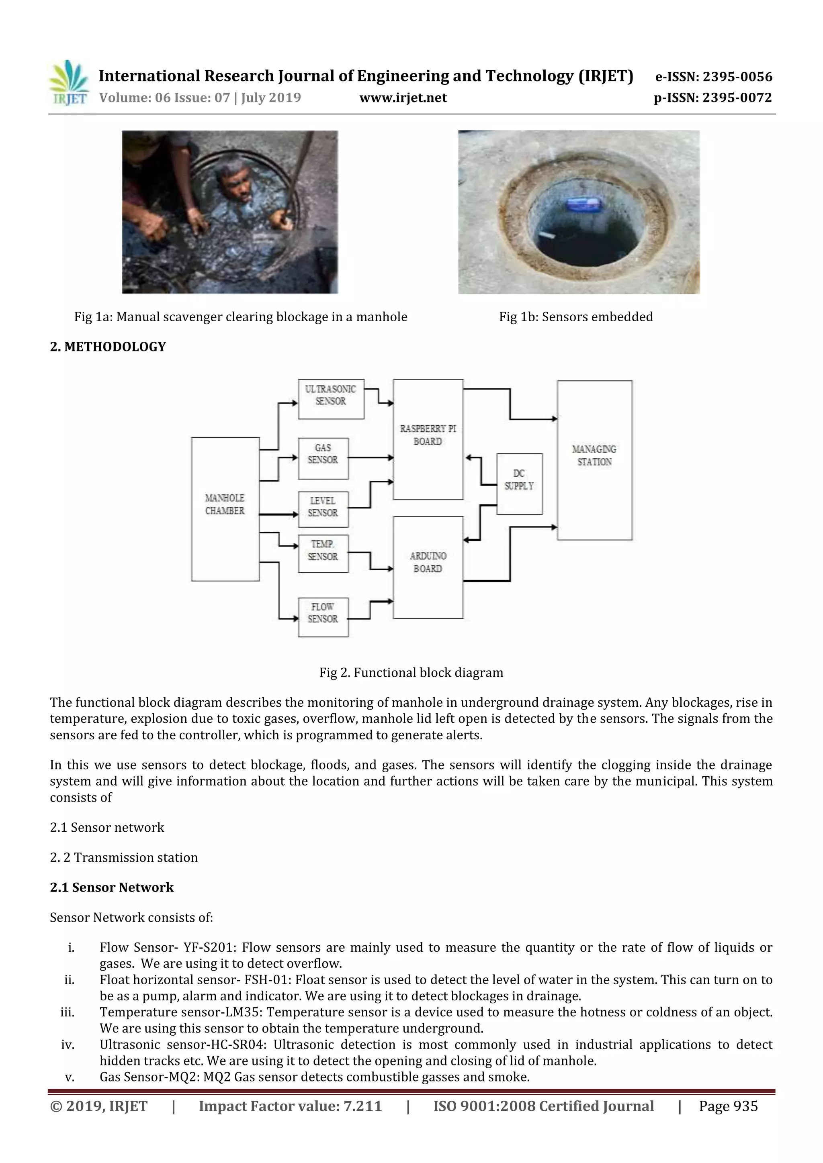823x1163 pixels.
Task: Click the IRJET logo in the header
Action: pos(68,83)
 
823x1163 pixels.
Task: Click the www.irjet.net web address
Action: pos(403,98)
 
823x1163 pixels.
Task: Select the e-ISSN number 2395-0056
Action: pos(737,77)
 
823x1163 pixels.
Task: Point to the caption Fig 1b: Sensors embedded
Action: pos(576,317)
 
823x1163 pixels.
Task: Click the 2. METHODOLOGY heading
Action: pos(108,347)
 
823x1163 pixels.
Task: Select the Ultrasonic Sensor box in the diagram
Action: pos(331,399)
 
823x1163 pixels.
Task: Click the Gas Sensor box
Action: pos(323,458)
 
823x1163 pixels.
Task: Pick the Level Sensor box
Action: pos(323,510)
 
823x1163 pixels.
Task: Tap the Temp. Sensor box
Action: pos(323,554)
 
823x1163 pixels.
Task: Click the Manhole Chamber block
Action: pos(225,509)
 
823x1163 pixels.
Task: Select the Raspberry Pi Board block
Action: pos(428,439)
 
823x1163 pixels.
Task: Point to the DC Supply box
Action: pos(519,484)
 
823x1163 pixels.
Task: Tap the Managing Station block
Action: pos(594,460)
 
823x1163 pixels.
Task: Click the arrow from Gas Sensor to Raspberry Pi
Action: pos(371,458)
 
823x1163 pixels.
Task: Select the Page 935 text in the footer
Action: pos(728,1106)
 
